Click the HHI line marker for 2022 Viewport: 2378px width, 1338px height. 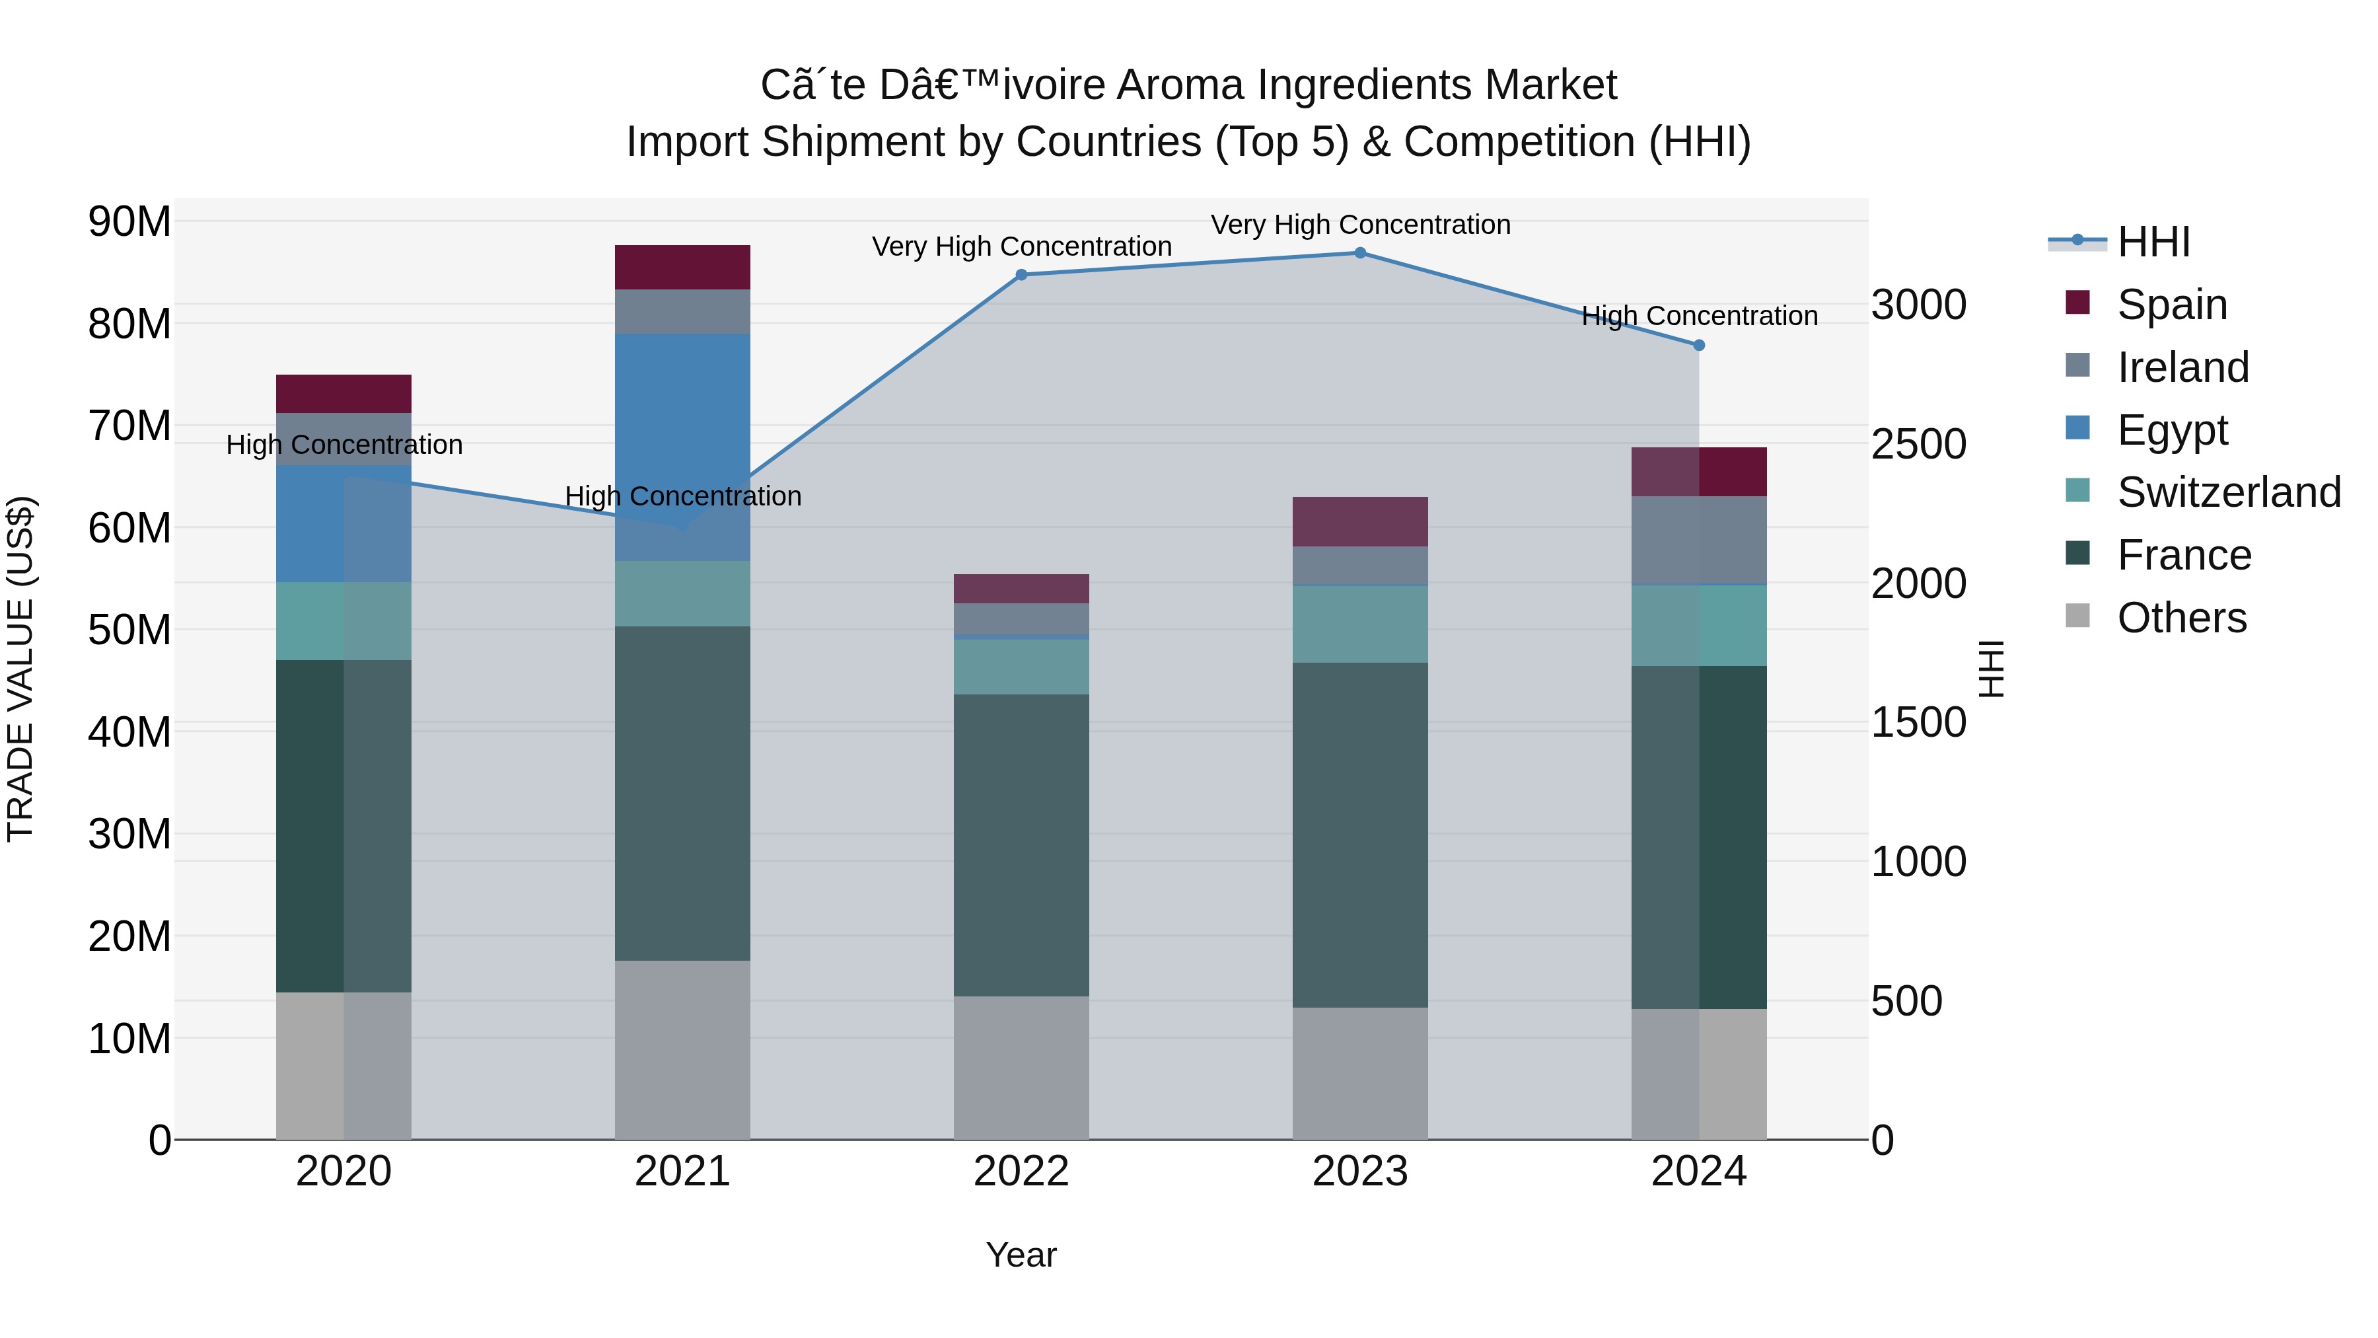[x=1021, y=274]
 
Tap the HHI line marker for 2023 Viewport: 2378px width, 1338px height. [x=1360, y=252]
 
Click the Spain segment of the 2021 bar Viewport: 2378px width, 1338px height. [x=682, y=267]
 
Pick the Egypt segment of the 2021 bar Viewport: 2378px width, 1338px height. [x=682, y=446]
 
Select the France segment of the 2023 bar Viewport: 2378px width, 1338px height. [x=1360, y=834]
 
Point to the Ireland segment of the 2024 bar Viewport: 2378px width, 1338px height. [x=1698, y=540]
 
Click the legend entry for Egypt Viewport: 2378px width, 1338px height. [x=2172, y=429]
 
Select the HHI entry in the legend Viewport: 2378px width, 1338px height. [x=2153, y=242]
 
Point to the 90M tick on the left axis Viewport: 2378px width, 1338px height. [x=129, y=221]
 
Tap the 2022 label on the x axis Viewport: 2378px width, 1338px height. [x=1021, y=1171]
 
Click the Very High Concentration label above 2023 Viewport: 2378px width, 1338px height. [x=1360, y=225]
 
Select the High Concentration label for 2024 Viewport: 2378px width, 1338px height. [x=1698, y=316]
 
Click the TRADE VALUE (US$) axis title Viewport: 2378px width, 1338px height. [x=20, y=669]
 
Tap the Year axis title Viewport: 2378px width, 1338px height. [x=1021, y=1255]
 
